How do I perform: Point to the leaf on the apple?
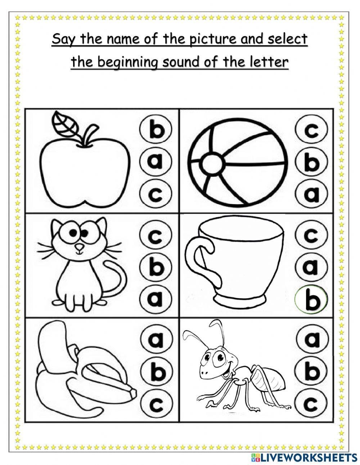pyautogui.click(x=65, y=122)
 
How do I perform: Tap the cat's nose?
pyautogui.click(x=78, y=248)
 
